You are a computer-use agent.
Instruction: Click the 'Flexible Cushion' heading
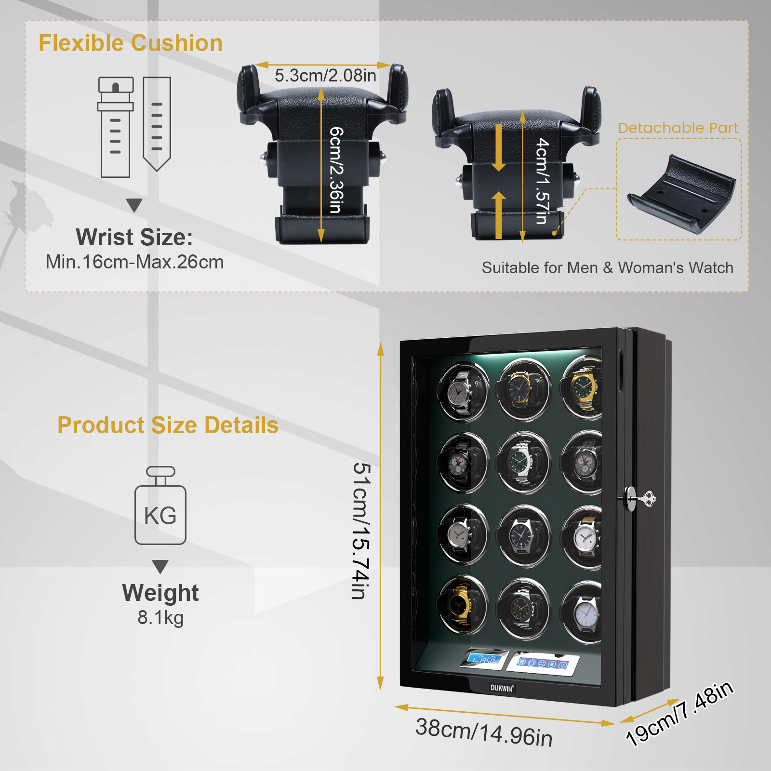click(x=131, y=43)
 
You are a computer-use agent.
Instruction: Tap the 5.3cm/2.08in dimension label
click(x=325, y=76)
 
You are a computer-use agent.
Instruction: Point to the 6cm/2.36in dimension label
click(x=336, y=170)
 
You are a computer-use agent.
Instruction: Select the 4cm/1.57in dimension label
click(x=543, y=181)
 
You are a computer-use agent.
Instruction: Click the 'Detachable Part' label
click(x=678, y=128)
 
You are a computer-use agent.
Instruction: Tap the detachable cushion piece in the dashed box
click(x=681, y=194)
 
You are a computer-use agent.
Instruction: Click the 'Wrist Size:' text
click(x=134, y=237)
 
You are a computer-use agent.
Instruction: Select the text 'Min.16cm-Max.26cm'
click(x=134, y=262)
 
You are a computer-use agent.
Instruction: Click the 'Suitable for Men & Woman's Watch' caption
click(x=608, y=267)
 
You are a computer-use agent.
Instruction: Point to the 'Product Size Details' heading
click(x=168, y=425)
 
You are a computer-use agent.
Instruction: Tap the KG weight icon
click(x=160, y=505)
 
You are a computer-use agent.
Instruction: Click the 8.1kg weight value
click(x=160, y=617)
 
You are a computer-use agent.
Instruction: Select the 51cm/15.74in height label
click(x=361, y=531)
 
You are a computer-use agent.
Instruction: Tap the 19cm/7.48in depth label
click(x=679, y=713)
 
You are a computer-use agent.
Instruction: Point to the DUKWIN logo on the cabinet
click(x=502, y=688)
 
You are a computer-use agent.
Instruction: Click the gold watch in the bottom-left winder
click(x=458, y=603)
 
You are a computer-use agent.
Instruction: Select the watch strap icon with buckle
click(x=116, y=127)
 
